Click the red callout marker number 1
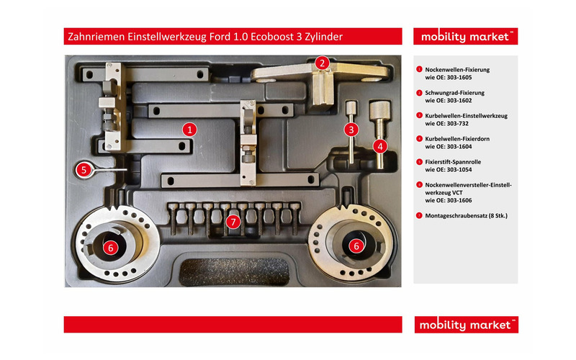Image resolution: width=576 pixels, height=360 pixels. click(x=189, y=130)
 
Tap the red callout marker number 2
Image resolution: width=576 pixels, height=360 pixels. click(x=323, y=63)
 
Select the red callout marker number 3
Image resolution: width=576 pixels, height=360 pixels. click(x=351, y=130)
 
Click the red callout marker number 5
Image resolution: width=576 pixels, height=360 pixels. click(x=84, y=170)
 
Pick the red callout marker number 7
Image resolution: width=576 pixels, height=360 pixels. click(x=232, y=222)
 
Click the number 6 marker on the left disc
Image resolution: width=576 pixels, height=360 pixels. click(x=110, y=247)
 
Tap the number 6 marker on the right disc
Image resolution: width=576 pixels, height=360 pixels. click(x=355, y=246)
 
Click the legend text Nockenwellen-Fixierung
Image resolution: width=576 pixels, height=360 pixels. click(x=457, y=70)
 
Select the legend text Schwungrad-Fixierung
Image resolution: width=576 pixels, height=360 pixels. click(x=455, y=93)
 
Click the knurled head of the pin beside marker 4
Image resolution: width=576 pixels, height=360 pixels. click(x=379, y=111)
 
